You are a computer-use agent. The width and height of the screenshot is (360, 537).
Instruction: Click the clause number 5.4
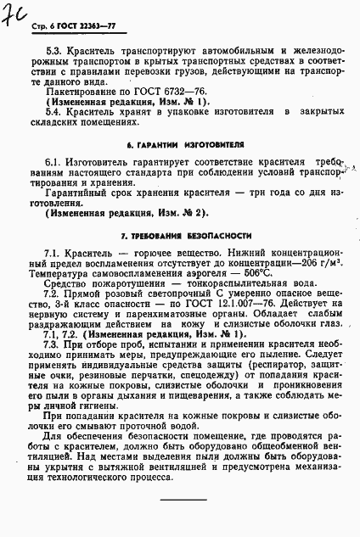point(53,112)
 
